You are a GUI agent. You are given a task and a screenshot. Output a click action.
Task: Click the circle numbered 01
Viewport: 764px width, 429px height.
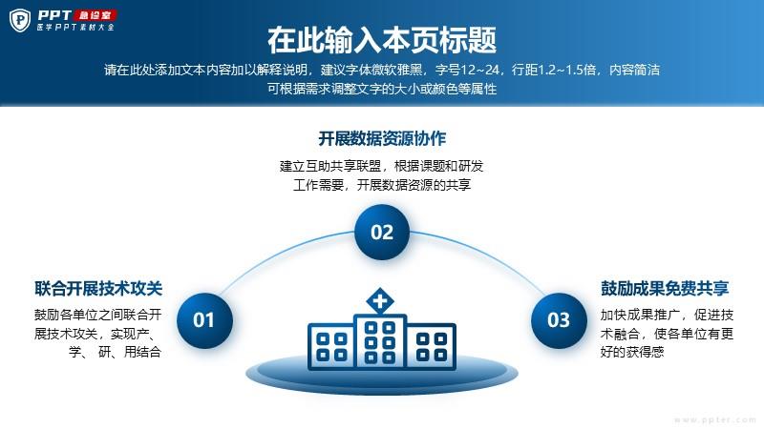[x=204, y=320]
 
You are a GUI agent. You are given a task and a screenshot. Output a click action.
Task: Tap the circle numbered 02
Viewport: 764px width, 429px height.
[x=382, y=232]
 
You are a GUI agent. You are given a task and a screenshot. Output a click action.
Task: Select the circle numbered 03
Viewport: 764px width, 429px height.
[x=559, y=320]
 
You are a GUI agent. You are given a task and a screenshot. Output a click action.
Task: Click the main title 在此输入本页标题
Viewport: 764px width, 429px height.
[x=382, y=40]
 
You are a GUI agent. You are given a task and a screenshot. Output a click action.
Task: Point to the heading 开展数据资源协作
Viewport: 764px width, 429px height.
[x=382, y=138]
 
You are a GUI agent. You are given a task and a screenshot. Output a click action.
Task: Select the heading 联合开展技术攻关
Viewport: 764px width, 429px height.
[x=98, y=289]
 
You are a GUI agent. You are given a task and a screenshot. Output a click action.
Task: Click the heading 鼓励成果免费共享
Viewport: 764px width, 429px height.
[x=665, y=289]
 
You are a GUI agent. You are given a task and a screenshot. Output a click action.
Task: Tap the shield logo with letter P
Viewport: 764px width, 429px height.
[x=20, y=20]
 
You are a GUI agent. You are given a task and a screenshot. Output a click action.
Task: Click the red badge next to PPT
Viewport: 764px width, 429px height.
[x=95, y=15]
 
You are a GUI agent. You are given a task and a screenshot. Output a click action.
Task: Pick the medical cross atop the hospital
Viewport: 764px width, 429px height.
[x=380, y=301]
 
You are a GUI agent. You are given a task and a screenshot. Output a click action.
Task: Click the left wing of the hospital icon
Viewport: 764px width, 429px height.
[x=331, y=346]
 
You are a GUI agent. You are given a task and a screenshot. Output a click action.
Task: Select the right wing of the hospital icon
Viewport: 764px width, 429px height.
[x=432, y=346]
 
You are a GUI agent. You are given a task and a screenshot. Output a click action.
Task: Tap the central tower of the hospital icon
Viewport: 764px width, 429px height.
[x=380, y=342]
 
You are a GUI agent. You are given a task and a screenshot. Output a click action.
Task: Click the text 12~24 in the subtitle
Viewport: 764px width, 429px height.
[x=480, y=70]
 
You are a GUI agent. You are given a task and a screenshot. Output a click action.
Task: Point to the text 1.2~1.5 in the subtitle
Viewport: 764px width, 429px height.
[x=562, y=70]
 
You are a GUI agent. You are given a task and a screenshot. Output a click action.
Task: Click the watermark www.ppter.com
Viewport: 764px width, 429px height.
[x=714, y=419]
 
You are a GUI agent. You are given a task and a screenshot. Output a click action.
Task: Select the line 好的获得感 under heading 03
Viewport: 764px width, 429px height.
[x=632, y=352]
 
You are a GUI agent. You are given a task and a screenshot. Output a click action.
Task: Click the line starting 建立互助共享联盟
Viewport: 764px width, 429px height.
[x=381, y=166]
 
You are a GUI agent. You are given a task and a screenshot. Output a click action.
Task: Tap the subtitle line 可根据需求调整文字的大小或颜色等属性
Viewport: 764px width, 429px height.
[x=382, y=89]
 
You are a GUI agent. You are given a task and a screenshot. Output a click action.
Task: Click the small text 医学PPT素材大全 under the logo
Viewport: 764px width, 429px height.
[x=75, y=28]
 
